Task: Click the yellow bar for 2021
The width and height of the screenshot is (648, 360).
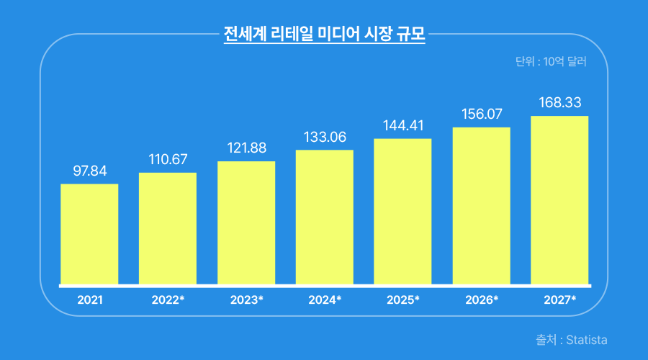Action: [x=89, y=234]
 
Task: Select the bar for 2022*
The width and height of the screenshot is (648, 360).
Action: [x=168, y=228]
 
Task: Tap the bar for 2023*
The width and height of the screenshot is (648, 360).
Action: [x=246, y=222]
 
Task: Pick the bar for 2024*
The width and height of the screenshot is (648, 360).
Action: [x=325, y=217]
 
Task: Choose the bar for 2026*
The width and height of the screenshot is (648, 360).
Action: [x=481, y=206]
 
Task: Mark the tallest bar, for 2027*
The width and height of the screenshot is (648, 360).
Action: [x=559, y=200]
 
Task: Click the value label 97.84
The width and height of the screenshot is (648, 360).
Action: [x=89, y=171]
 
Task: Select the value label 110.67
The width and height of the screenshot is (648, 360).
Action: [x=168, y=159]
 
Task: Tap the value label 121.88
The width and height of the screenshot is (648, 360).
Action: [x=246, y=148]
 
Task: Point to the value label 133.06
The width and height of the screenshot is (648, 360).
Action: [x=325, y=137]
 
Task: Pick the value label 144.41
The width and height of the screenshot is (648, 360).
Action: [x=402, y=125]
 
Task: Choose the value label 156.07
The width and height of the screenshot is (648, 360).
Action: [x=481, y=114]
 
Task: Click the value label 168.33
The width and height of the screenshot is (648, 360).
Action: [x=559, y=103]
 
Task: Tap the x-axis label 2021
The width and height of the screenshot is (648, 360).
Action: [x=89, y=300]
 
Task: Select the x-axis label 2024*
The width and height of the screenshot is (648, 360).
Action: [x=325, y=300]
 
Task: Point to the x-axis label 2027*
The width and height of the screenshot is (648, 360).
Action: [x=559, y=300]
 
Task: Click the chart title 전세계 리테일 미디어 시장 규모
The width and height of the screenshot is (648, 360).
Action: [x=324, y=34]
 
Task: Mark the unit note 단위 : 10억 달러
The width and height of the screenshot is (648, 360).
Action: [x=552, y=62]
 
